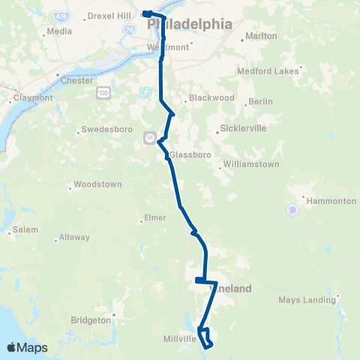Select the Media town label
pos(59,31)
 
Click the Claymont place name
pos(34,97)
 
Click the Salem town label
pos(25,229)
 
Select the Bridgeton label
pos(90,319)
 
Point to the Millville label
pos(180,339)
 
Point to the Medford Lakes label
pos(268,71)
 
